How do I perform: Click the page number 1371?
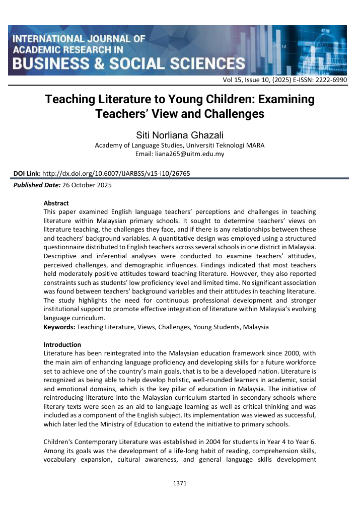tap(180, 483)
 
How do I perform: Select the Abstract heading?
tap(56, 204)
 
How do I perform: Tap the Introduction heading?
tap(62, 344)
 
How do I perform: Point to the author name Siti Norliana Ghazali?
tap(180, 135)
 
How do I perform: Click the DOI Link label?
tap(27, 174)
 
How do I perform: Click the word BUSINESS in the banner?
tap(51, 63)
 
